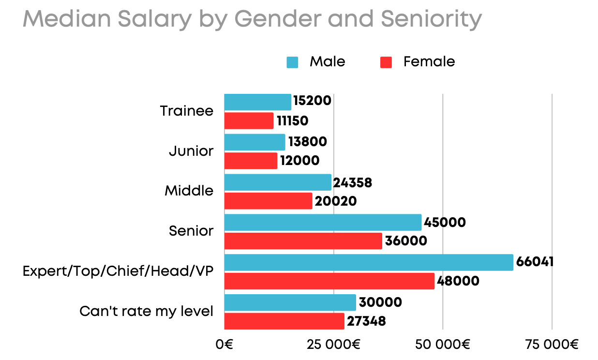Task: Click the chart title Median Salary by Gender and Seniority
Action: click(x=252, y=19)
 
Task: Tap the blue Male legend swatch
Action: click(x=292, y=62)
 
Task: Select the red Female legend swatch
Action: click(x=386, y=62)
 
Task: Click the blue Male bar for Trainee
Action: click(x=258, y=102)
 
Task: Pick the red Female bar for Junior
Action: click(x=251, y=161)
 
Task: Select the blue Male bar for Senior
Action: click(x=323, y=223)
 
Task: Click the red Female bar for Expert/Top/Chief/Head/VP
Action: click(x=329, y=281)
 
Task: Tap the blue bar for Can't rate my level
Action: click(x=290, y=302)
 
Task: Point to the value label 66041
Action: click(x=535, y=262)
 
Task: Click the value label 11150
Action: click(x=292, y=121)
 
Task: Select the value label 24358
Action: click(x=353, y=183)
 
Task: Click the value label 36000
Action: click(x=405, y=241)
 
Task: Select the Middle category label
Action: click(x=189, y=191)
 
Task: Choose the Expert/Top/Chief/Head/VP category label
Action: click(x=118, y=271)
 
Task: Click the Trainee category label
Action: click(x=187, y=111)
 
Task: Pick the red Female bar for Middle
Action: click(x=268, y=201)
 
